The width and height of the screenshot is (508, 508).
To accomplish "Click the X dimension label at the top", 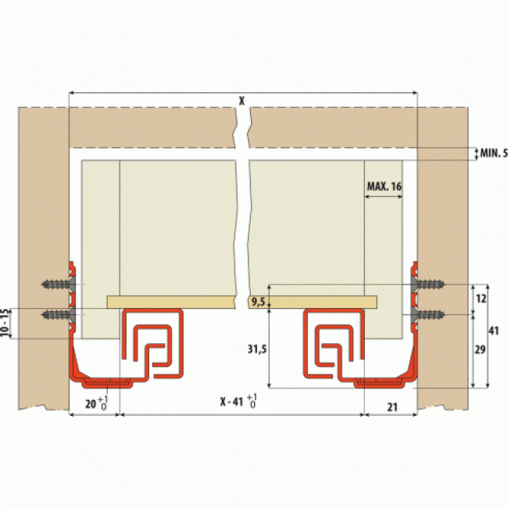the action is (241, 101).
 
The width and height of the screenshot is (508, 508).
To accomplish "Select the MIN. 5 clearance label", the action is (494, 153).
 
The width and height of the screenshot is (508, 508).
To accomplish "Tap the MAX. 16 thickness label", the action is (385, 187).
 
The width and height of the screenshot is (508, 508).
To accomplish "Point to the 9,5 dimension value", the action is (258, 302).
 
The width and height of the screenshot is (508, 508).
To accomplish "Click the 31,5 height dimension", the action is (257, 349).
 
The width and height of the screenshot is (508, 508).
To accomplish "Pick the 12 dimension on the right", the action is (481, 299).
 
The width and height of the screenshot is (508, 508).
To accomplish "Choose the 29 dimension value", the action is (480, 349).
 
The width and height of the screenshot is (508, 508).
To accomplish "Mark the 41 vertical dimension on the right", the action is (493, 331).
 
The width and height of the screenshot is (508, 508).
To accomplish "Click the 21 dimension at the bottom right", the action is (392, 407).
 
